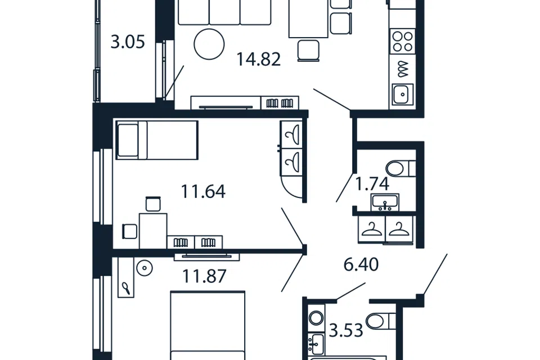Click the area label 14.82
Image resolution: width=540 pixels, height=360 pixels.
[259, 59]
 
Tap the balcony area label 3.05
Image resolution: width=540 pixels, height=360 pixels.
[128, 42]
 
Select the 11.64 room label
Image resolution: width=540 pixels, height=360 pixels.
[203, 192]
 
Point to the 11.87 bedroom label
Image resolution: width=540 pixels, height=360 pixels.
[204, 276]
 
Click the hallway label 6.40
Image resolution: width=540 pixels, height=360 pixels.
[361, 264]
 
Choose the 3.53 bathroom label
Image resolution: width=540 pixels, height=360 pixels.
[346, 330]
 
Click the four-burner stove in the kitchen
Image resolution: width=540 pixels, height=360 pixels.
[403, 41]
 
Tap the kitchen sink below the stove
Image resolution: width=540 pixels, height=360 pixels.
[402, 94]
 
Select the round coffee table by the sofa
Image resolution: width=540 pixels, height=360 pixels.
[209, 44]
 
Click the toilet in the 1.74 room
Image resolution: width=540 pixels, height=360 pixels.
[400, 168]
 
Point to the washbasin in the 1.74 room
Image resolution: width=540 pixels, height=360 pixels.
[385, 202]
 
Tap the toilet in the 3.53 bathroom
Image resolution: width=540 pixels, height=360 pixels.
[381, 321]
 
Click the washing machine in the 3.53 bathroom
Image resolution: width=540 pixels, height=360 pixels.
[316, 318]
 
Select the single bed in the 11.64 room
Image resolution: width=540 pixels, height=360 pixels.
[157, 140]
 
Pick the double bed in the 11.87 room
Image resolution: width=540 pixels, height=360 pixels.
[208, 326]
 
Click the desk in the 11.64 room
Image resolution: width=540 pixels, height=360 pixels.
[153, 231]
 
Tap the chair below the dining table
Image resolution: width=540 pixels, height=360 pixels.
[308, 51]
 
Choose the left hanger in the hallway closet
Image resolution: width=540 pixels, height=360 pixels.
[372, 229]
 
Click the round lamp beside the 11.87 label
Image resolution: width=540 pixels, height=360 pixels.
[145, 268]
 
